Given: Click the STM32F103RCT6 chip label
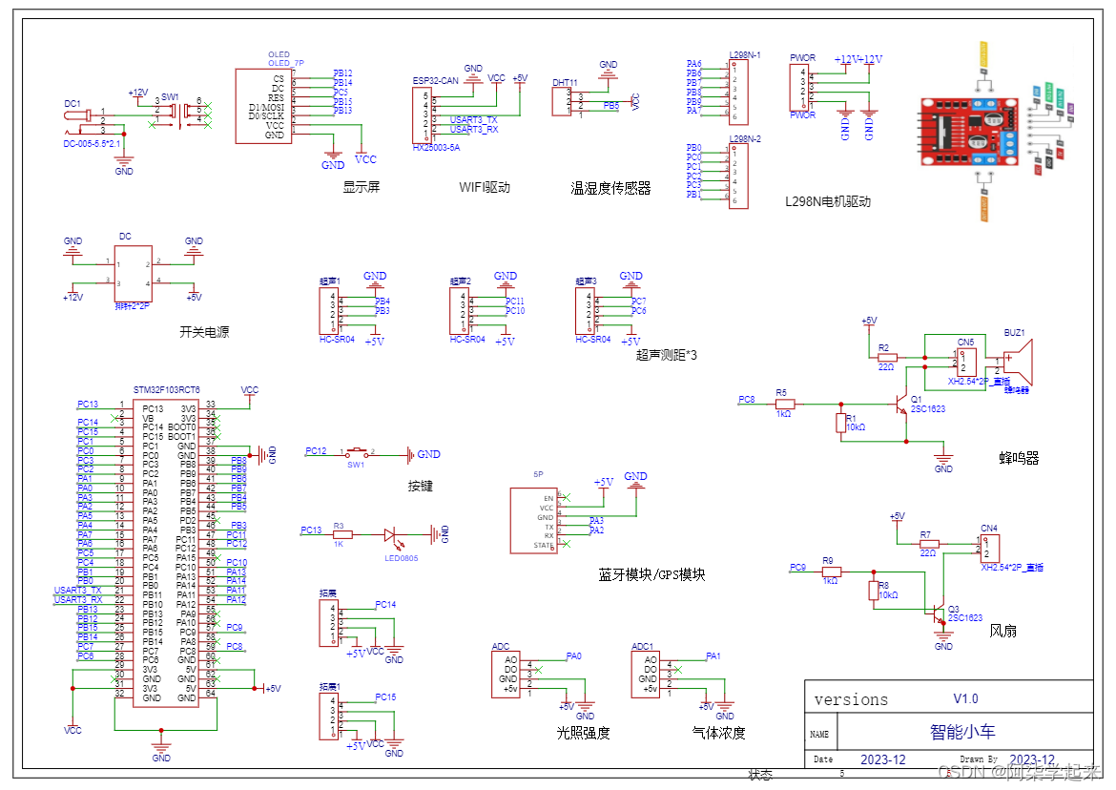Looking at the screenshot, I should [167, 389].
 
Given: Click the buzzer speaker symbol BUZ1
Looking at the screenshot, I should [1018, 364].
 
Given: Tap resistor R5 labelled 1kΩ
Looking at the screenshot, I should [785, 403].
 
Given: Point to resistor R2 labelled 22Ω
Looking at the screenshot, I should [886, 357].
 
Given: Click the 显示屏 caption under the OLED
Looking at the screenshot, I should [362, 187].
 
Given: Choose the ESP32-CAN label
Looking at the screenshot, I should [435, 81].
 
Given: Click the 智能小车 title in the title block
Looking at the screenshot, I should [962, 732].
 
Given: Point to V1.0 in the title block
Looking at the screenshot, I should [965, 698].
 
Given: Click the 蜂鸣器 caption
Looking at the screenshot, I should [1019, 458].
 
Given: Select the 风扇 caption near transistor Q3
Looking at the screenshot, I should [1002, 631].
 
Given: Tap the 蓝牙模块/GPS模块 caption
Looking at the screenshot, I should [651, 574].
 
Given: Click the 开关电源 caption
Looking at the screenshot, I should [204, 333].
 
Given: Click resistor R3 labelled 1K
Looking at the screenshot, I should [341, 535].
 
